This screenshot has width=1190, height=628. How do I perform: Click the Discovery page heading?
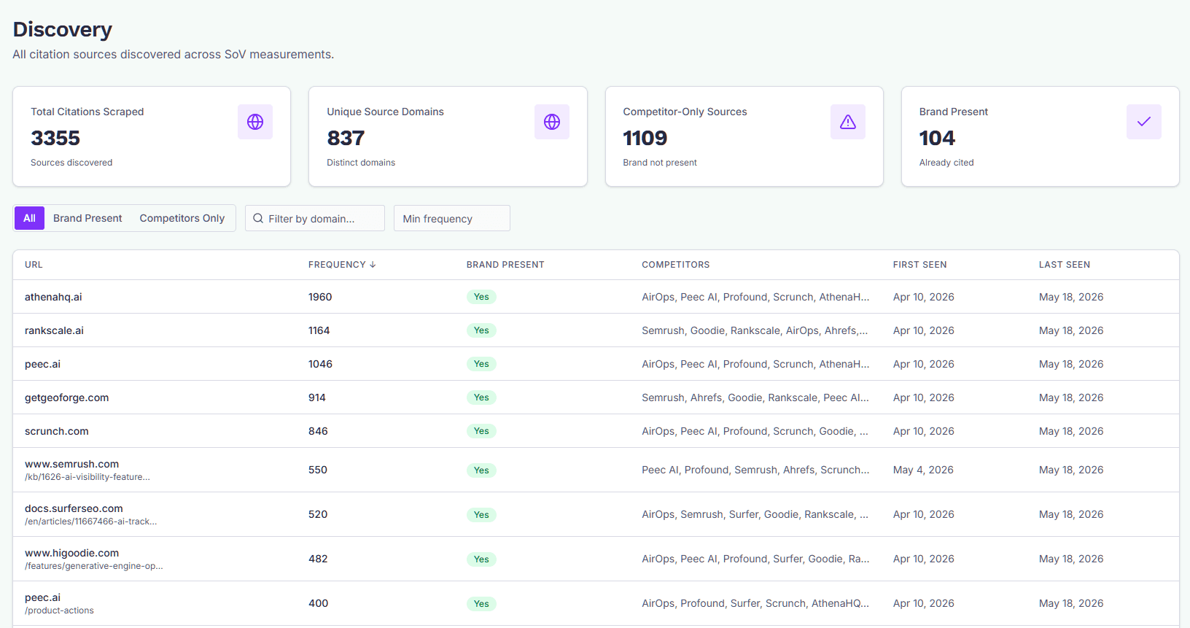[62, 29]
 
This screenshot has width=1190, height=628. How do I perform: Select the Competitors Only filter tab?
[182, 218]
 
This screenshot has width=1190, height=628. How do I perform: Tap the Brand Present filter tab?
[87, 218]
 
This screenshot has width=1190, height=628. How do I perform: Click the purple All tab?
[29, 218]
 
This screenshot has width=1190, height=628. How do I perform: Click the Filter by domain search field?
[314, 218]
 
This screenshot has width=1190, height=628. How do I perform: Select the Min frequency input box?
[451, 218]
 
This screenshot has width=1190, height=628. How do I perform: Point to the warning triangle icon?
[848, 123]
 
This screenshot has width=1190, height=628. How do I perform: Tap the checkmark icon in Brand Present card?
[1144, 122]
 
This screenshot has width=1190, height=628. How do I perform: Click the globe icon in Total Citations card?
[255, 122]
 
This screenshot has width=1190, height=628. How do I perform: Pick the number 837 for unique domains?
[346, 138]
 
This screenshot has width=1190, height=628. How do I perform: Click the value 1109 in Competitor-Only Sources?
[645, 138]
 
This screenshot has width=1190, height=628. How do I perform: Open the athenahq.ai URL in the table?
[53, 297]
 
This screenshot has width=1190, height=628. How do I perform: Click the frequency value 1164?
[319, 330]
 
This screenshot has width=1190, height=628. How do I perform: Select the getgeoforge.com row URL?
[66, 398]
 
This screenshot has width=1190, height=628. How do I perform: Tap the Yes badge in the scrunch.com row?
[481, 431]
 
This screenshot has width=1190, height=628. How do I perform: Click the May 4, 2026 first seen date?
[923, 470]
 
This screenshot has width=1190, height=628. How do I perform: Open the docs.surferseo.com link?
[74, 508]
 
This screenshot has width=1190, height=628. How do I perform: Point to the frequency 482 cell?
[318, 559]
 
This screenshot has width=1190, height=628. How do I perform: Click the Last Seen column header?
[1064, 265]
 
